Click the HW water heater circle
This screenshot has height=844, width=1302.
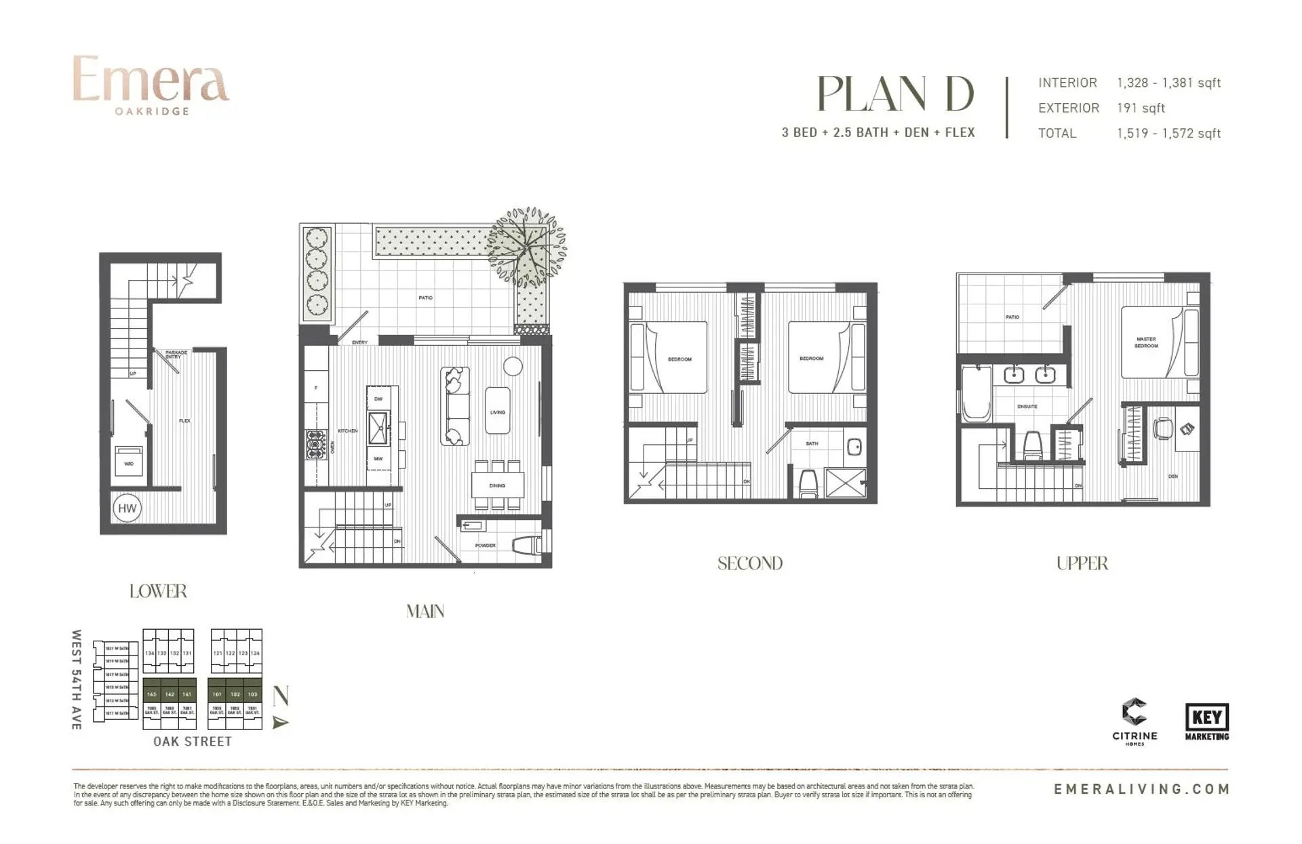127,508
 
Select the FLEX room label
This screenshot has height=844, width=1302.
184,421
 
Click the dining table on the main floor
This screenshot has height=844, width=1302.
498,485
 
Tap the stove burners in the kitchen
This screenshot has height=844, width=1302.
315,445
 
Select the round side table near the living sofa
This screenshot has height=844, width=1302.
513,366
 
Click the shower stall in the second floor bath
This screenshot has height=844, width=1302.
846,483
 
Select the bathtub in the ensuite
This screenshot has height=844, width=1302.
975,394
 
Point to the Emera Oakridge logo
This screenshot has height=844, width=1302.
151,85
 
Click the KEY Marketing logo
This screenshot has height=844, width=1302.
1207,721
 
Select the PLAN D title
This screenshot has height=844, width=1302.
895,94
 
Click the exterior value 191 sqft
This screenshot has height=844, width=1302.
1141,108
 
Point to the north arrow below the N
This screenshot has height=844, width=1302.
280,723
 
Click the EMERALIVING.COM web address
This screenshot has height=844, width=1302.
1141,789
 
